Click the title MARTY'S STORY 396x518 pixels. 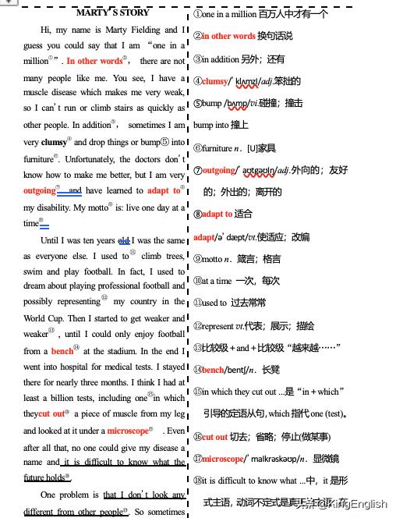click(113, 12)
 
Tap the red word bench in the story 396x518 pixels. click(62, 351)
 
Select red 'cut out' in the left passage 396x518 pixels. click(51, 413)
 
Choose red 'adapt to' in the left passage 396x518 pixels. click(164, 190)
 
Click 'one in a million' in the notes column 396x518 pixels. click(234, 14)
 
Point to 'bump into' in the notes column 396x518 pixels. click(210, 125)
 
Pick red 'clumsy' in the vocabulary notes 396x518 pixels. click(215, 81)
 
